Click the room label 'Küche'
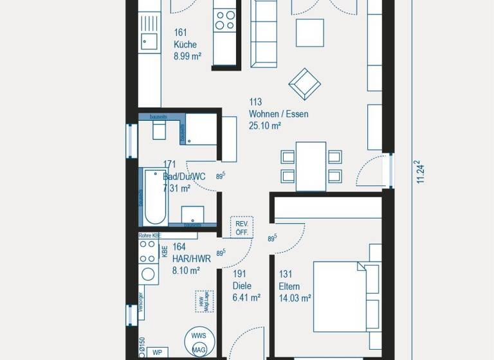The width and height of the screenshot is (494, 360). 185,45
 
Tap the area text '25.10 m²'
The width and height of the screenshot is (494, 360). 265,126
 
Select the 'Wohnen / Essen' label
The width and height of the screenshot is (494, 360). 279,114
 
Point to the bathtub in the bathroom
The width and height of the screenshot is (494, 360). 154,195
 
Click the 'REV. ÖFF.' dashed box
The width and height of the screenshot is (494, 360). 242,228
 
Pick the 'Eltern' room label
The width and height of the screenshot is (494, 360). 289,287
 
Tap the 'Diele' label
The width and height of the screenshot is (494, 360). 242,286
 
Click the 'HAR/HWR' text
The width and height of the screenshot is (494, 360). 191,259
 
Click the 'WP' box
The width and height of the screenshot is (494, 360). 156,352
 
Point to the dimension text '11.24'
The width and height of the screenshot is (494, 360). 421,172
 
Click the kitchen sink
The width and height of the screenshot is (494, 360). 149,42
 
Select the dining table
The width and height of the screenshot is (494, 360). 311,166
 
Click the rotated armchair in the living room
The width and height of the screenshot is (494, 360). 305,84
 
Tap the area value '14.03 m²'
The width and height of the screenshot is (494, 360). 295,298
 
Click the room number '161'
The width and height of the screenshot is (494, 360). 180,32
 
